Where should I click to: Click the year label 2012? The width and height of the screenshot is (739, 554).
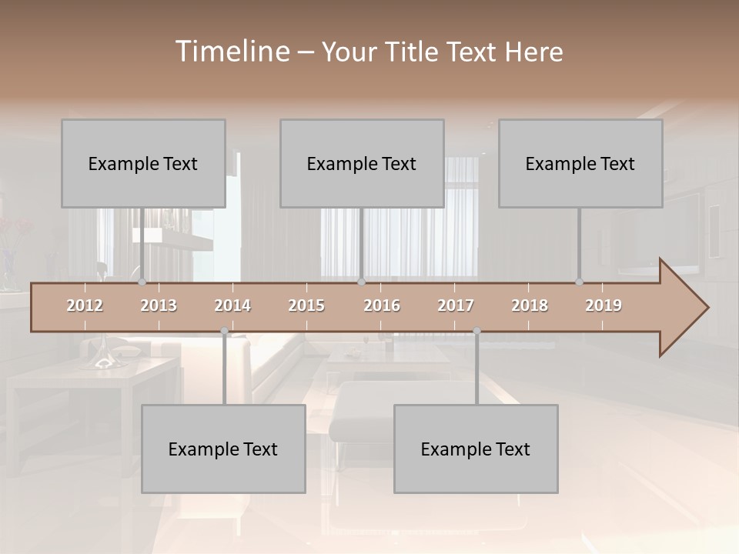pos(85,305)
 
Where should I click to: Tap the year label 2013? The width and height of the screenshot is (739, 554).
pos(159,305)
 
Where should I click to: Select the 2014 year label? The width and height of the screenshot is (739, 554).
pos(232,305)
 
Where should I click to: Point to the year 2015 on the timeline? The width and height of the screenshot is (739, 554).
pos(306,305)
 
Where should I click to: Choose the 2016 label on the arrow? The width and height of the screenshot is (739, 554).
pos(382,305)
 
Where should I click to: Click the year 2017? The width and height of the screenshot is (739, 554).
pos(456,305)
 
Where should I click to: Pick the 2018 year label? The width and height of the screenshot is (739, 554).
pos(530,305)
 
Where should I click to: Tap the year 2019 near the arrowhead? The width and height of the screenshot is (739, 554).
pos(604,305)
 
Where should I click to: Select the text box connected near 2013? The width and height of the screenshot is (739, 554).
pos(143,164)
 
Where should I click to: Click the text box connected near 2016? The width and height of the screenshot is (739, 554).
pos(362,164)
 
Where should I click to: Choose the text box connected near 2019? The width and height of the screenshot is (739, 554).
pos(580,164)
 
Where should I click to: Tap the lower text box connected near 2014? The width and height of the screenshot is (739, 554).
pos(223,449)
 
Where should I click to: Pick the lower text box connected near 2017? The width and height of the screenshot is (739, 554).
pos(476,449)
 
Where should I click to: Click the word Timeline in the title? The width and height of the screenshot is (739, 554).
pos(231,52)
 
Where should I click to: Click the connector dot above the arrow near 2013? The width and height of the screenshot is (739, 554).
pos(142,282)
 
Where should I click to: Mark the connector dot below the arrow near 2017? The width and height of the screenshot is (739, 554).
pos(477,332)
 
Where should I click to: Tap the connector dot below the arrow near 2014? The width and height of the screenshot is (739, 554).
pos(224,332)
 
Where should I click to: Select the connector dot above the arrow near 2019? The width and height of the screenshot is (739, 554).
pos(579,282)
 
